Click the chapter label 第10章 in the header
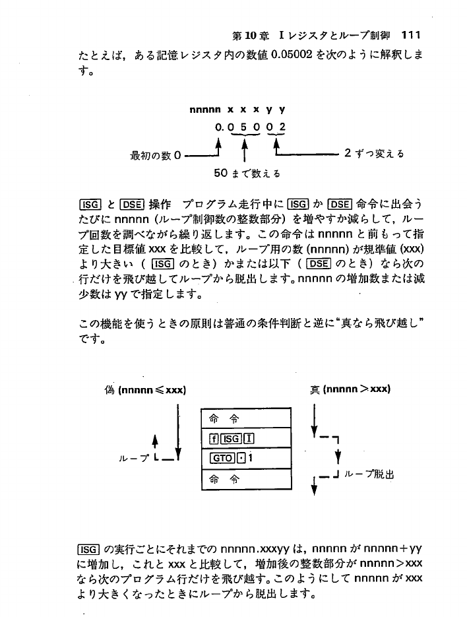point(255,35)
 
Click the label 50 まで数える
point(247,175)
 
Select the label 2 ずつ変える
point(374,155)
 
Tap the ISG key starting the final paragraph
point(88,547)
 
